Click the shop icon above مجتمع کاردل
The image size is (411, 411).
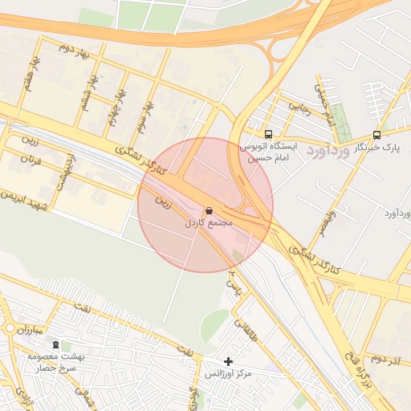(210, 210)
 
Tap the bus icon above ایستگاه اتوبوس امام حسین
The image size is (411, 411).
(268, 135)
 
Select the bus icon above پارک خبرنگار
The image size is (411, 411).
(377, 135)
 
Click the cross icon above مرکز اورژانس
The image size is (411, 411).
(229, 362)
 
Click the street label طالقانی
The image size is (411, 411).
(242, 326)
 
